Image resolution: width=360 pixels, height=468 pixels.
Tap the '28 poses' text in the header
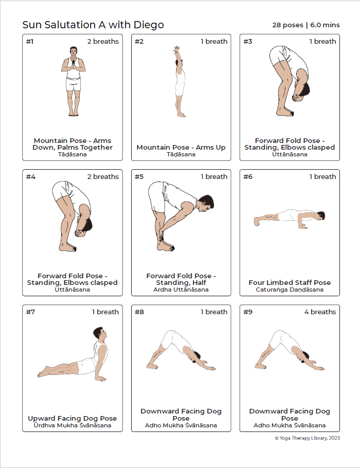click(287, 25)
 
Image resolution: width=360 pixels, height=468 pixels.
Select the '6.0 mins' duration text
click(325, 25)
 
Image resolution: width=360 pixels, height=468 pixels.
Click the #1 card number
click(30, 42)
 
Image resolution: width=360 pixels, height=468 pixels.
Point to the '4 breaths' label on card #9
click(320, 312)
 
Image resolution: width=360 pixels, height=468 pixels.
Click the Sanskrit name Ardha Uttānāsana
click(181, 290)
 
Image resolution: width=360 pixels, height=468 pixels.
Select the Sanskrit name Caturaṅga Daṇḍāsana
click(290, 290)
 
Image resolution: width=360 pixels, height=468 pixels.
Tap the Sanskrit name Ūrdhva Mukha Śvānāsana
click(72, 425)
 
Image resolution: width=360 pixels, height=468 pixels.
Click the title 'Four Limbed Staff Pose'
click(290, 282)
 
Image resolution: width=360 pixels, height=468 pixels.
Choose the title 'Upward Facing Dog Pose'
click(72, 419)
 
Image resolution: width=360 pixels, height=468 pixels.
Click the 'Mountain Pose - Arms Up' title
click(181, 147)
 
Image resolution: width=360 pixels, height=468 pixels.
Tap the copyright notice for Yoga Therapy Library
click(307, 438)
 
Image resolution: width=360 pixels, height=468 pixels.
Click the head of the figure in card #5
click(206, 203)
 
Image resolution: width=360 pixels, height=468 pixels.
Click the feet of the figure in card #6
click(257, 222)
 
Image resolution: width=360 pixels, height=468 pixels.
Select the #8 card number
click(139, 312)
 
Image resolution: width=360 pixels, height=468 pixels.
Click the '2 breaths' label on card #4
click(103, 177)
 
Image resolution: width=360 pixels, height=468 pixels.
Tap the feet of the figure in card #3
click(285, 112)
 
